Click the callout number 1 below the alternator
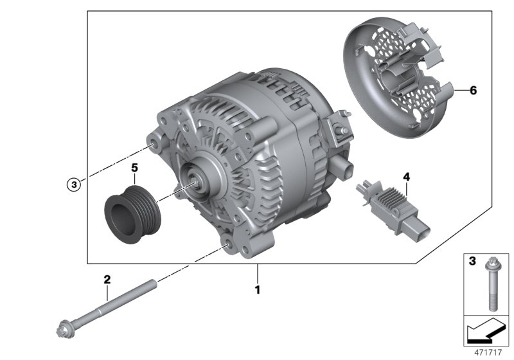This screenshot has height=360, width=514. tap(257, 290)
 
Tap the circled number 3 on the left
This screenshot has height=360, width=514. tap(75, 184)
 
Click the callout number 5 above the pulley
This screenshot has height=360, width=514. tap(135, 168)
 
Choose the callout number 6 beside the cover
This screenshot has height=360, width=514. tap(473, 91)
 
